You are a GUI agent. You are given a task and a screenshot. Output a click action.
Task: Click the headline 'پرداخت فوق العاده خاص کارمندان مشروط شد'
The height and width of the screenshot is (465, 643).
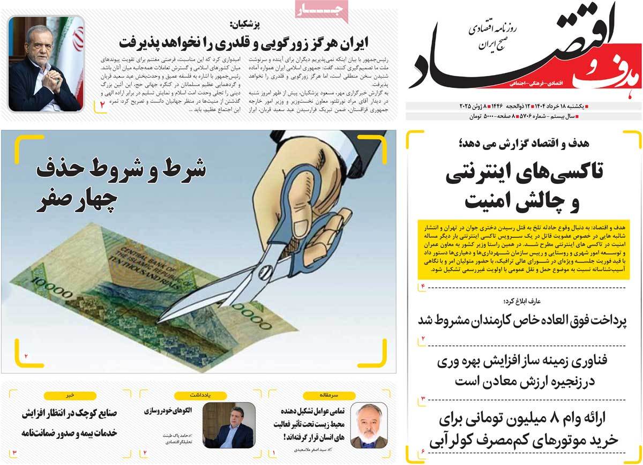pyautogui.click(x=524, y=320)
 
